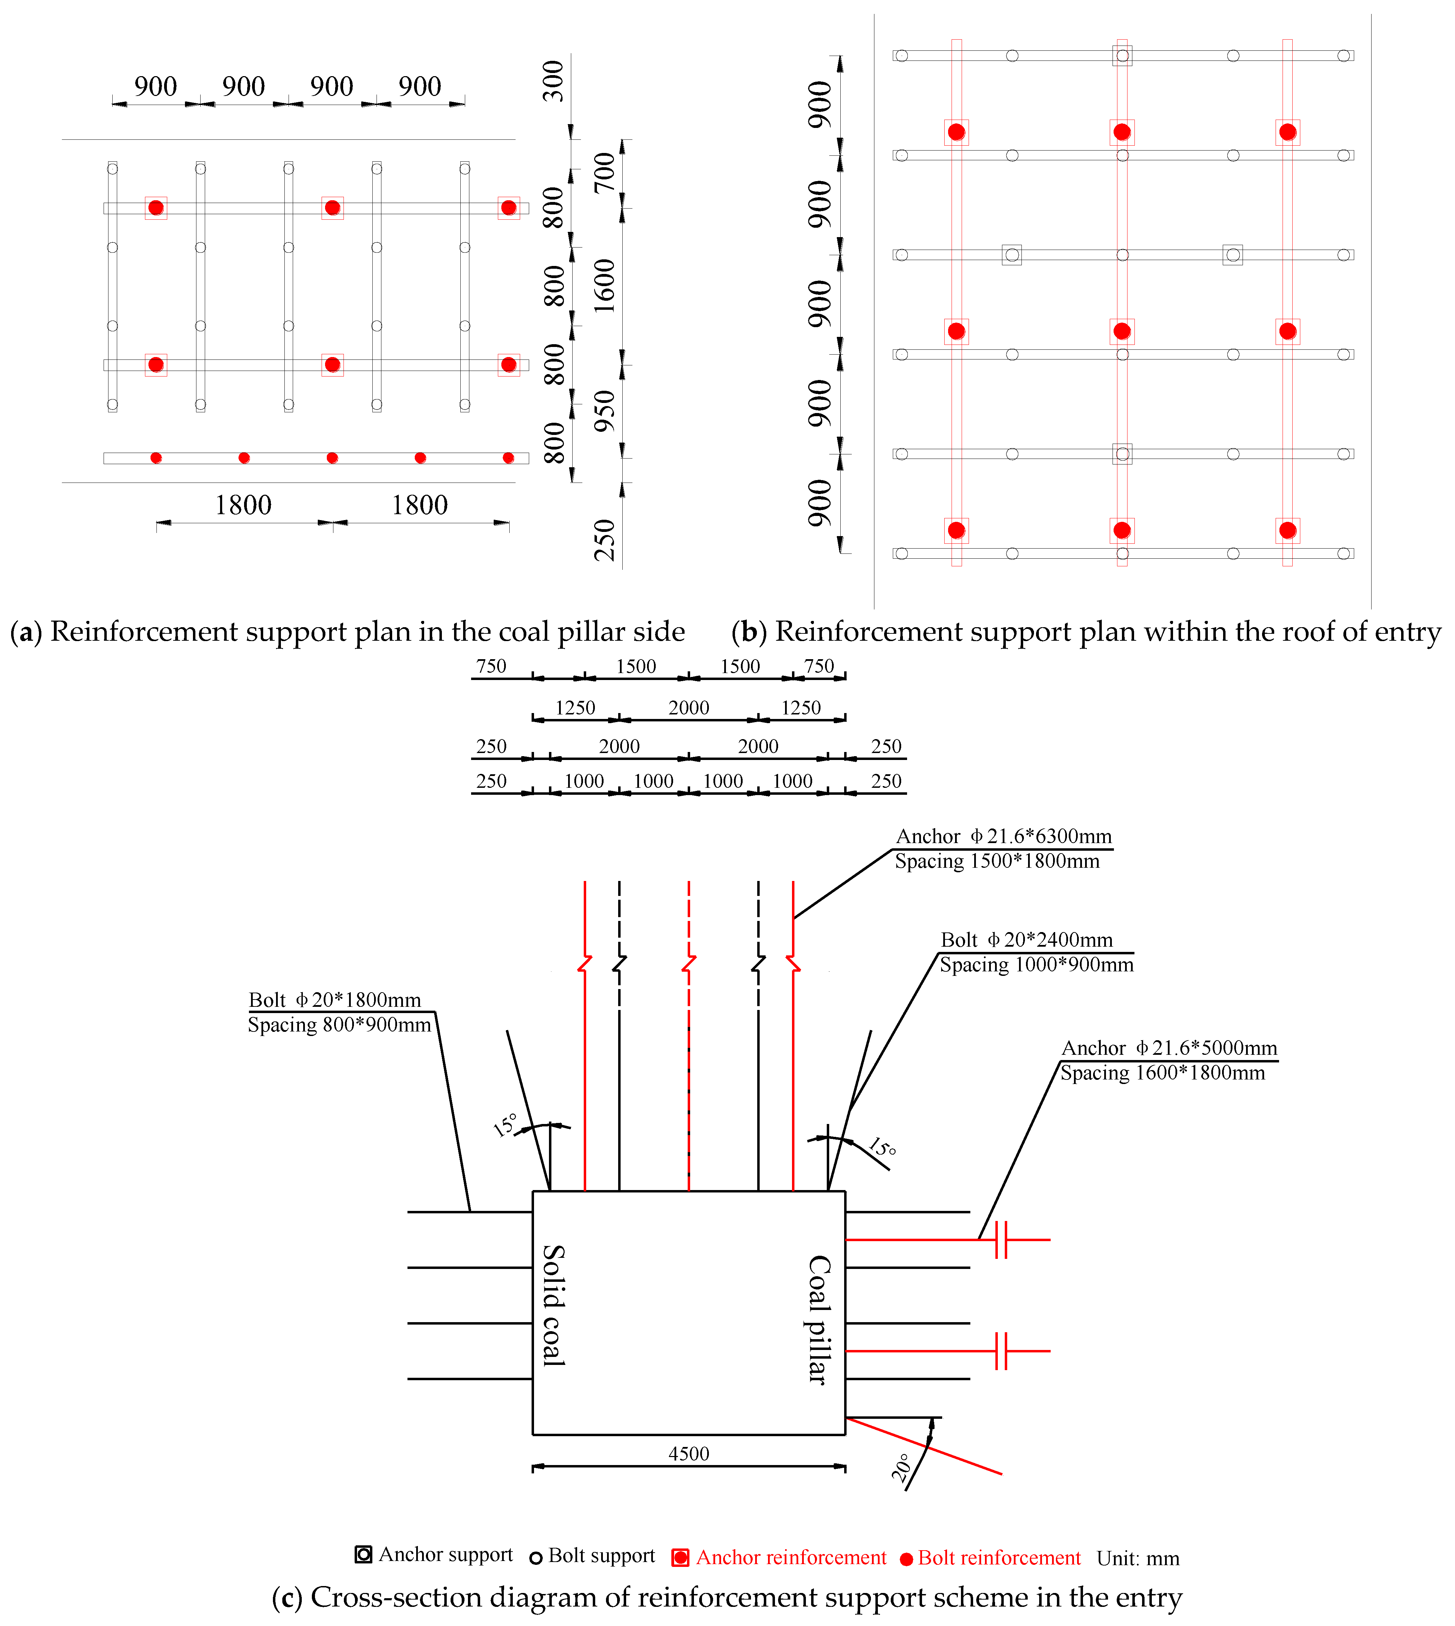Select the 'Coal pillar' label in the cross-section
click(x=819, y=1319)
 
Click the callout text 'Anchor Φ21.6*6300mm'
click(x=1003, y=836)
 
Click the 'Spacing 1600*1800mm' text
click(x=1162, y=1073)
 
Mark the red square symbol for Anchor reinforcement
click(x=680, y=1557)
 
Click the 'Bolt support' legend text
click(x=601, y=1556)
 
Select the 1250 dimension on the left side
click(x=575, y=707)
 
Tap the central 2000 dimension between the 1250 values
click(x=688, y=707)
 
